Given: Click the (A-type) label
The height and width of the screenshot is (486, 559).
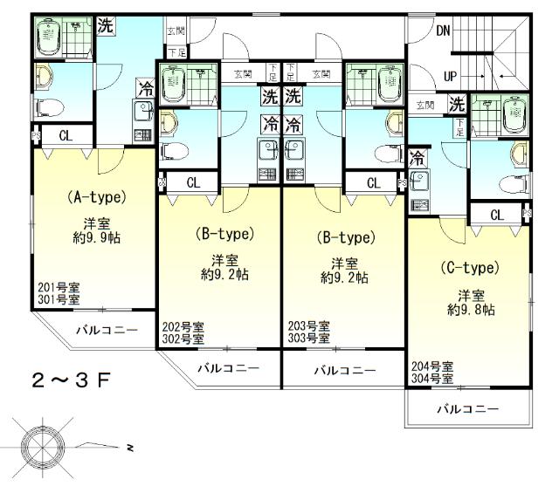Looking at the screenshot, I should (x=97, y=197).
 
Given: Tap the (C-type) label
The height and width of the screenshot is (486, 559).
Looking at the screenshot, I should (x=469, y=267).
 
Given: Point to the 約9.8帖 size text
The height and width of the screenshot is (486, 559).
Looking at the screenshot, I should (x=472, y=309).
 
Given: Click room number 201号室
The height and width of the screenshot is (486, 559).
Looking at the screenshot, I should (x=59, y=288).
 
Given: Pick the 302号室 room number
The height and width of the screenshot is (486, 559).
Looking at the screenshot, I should (x=183, y=338).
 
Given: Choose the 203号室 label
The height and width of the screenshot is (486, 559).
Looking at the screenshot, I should (x=308, y=325).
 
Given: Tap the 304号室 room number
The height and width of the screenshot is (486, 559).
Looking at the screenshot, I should (x=432, y=379).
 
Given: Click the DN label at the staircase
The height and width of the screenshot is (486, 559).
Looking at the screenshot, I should (x=444, y=31).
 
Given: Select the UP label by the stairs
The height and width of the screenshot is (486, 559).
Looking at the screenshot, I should (x=450, y=77).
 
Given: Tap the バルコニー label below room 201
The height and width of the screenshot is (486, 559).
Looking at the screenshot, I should (x=106, y=331).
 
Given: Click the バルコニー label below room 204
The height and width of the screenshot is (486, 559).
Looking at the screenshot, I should (x=467, y=408).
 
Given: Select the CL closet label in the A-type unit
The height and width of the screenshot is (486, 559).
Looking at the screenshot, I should (x=66, y=135).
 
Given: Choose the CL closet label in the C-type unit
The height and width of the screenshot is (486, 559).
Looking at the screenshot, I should (x=496, y=215).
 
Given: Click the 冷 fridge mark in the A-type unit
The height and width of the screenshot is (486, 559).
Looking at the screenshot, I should (x=145, y=88).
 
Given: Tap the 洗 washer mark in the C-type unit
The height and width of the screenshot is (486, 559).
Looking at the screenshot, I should (x=456, y=104).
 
